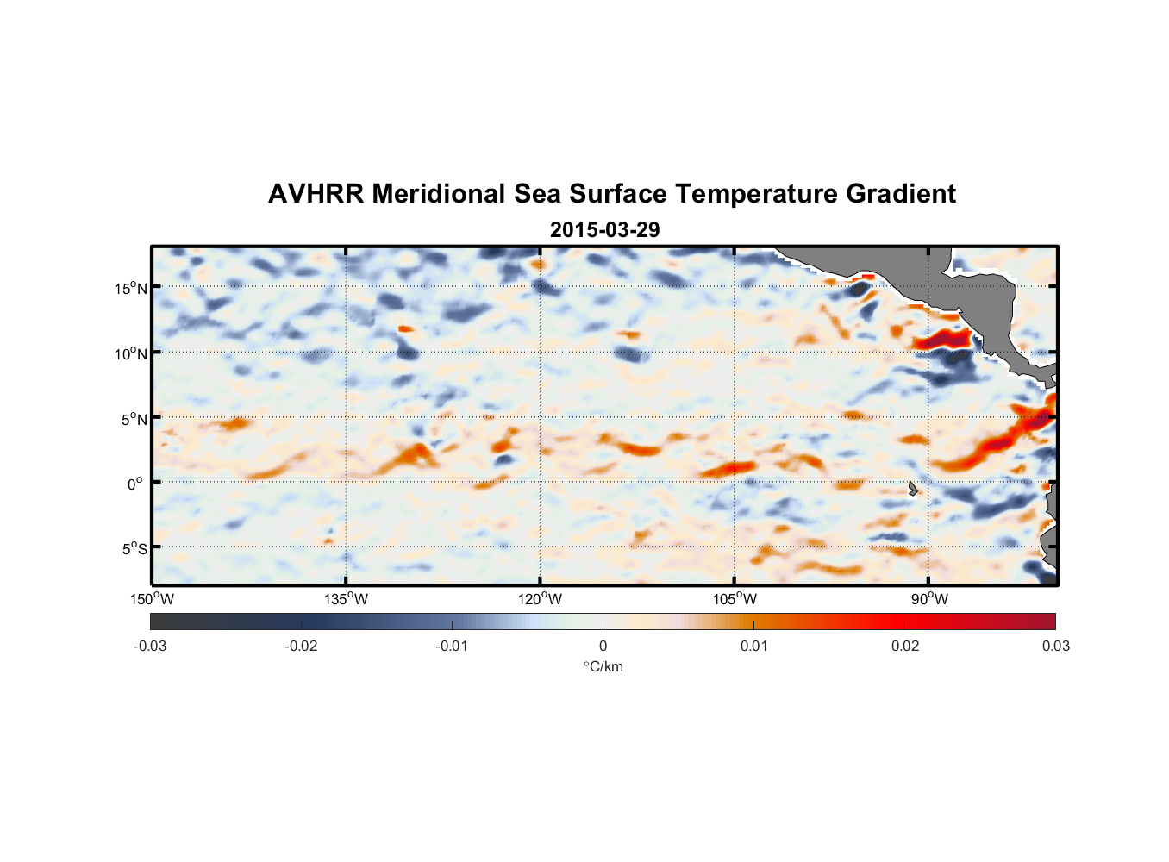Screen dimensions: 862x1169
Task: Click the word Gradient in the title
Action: [x=900, y=194]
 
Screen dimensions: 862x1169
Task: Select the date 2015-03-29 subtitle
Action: [x=604, y=230]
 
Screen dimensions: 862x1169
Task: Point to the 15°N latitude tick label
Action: [x=131, y=288]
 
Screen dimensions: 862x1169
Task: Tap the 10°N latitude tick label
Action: [x=131, y=353]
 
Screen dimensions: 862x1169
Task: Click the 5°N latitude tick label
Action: [x=134, y=419]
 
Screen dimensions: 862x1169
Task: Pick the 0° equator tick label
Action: [x=135, y=484]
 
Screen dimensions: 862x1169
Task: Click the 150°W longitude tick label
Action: [x=152, y=599]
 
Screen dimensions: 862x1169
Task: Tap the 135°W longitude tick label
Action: [x=346, y=599]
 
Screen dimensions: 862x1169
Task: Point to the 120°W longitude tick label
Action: [x=540, y=599]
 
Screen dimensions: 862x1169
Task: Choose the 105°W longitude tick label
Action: [x=735, y=599]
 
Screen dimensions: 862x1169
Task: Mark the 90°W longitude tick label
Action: [x=928, y=599]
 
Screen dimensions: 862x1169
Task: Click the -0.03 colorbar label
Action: [x=150, y=646]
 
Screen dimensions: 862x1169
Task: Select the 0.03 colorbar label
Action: [x=1055, y=646]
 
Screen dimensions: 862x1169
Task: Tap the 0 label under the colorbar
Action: [x=603, y=646]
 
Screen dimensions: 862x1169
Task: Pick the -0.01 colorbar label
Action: [x=452, y=646]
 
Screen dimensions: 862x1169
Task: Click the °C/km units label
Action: [x=603, y=666]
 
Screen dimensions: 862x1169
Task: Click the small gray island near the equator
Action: [x=912, y=489]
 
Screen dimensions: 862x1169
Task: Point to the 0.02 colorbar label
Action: [x=904, y=646]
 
